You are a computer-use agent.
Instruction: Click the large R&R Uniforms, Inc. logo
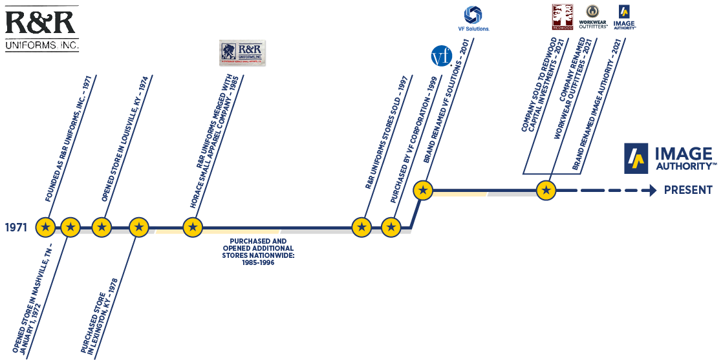click(41, 28)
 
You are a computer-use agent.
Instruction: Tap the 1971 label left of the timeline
click(16, 228)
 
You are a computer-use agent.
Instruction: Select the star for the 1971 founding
click(45, 227)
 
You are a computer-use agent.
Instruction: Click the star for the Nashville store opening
click(70, 227)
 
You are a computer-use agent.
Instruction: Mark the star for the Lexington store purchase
click(138, 227)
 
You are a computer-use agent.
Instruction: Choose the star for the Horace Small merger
click(192, 227)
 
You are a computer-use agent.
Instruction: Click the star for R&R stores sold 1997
click(361, 227)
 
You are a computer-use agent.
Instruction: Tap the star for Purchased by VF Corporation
click(391, 227)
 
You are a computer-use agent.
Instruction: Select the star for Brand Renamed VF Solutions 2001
click(423, 191)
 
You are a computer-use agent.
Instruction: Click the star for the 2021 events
click(546, 191)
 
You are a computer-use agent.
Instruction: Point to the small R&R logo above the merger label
click(243, 53)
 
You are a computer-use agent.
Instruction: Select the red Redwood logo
click(562, 17)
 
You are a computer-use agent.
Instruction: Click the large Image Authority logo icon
click(636, 158)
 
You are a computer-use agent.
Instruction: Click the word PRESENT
click(689, 191)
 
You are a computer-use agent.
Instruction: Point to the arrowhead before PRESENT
click(649, 191)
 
